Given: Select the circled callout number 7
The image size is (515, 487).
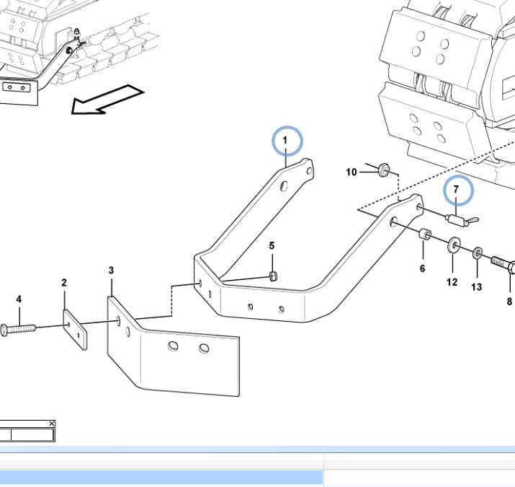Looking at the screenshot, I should tap(455, 189).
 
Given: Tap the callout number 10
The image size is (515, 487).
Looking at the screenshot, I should tap(351, 172).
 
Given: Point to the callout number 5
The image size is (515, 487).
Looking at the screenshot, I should tap(272, 246).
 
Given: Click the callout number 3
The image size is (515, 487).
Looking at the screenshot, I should tap(111, 271).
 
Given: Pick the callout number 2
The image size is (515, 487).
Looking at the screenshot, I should tap(63, 282).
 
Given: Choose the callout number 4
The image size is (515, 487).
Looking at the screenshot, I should tap(19, 299).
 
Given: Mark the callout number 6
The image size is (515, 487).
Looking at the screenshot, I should tap(422, 268).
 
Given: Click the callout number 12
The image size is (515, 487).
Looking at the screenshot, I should tap(452, 282).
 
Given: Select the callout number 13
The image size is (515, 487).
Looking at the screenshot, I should tap(476, 287).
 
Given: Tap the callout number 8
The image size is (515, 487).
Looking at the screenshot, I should tap(509, 302).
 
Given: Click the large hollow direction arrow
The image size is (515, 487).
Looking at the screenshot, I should tap(108, 99).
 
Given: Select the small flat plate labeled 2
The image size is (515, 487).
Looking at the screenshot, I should tap(75, 330).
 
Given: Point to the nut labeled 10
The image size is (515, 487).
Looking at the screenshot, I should tap(383, 170).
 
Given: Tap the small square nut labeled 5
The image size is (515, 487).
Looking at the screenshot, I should tap(273, 274).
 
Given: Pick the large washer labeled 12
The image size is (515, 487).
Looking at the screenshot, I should tap(454, 245).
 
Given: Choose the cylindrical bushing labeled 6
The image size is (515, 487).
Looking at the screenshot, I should tap(426, 235).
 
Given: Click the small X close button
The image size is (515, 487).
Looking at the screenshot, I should tap(51, 423).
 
